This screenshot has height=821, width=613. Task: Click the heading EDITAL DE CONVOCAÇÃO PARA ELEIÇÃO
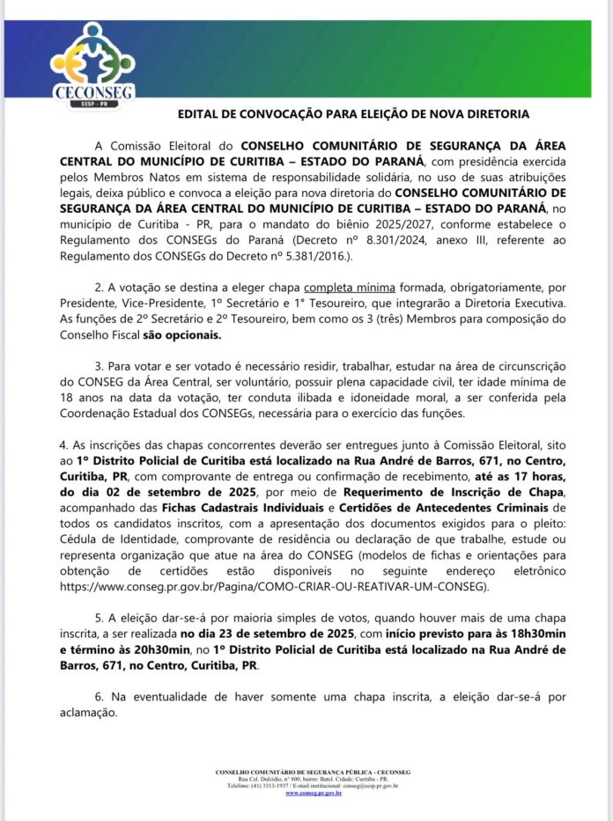353,114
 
